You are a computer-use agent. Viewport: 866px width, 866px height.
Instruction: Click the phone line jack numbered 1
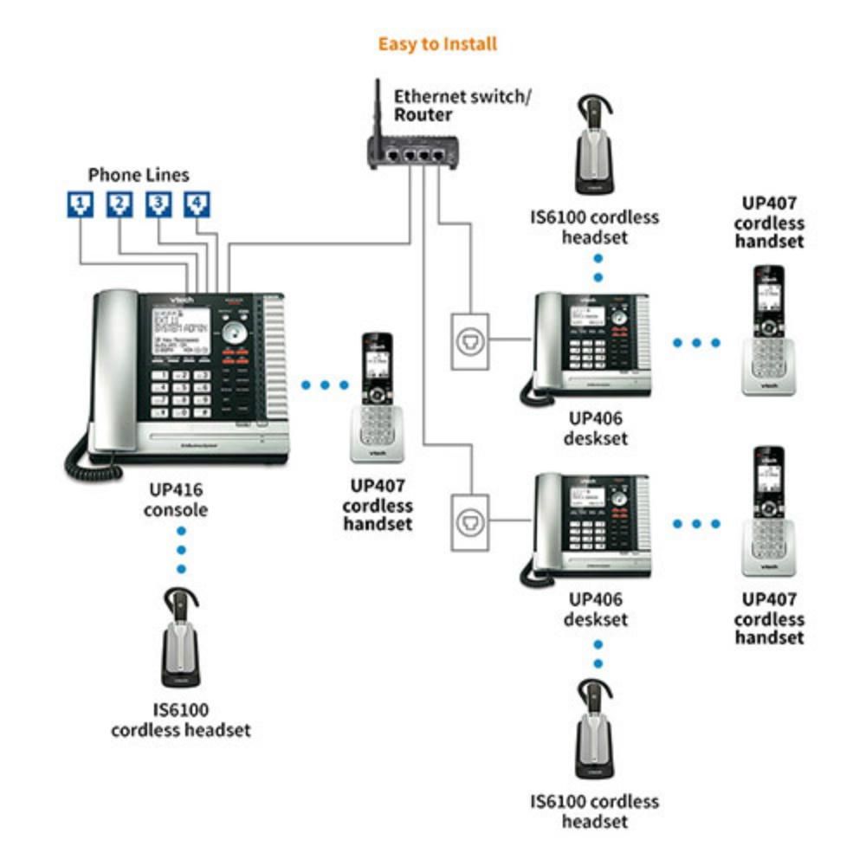(x=80, y=204)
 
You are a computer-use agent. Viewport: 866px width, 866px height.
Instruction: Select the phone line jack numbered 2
(x=120, y=204)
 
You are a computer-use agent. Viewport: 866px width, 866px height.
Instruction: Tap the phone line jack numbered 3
(x=158, y=204)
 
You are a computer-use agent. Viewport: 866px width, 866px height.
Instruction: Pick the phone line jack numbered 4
(x=197, y=204)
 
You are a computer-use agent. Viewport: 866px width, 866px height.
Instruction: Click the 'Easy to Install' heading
(x=437, y=43)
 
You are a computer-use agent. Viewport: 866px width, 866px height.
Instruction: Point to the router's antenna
(x=379, y=108)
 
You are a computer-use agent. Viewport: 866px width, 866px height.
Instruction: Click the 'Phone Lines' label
(x=138, y=175)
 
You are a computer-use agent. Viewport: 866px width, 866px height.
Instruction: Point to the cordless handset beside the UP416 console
(x=377, y=398)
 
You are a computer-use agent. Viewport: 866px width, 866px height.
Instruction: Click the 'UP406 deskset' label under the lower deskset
(x=596, y=610)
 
